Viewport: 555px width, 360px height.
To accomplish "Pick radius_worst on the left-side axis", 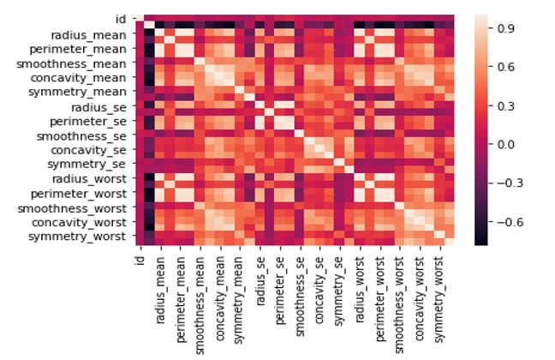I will pos(88,178).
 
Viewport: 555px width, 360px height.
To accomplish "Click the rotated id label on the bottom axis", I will pos(140,259).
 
